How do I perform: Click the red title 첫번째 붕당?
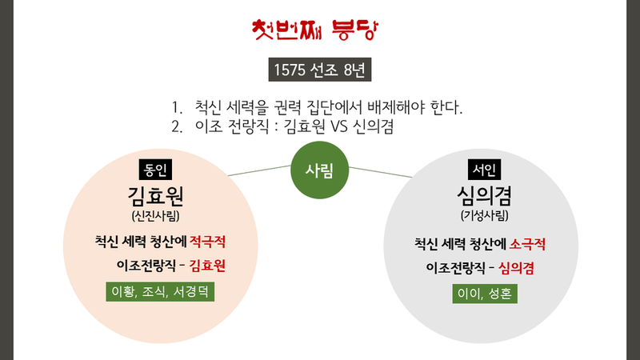point(319,30)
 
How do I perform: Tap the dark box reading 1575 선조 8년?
point(319,70)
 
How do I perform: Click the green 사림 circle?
point(319,170)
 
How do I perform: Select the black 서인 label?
point(484,170)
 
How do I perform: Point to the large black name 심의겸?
point(484,195)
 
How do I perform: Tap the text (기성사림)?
point(484,215)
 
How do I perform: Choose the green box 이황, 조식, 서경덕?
point(160,292)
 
